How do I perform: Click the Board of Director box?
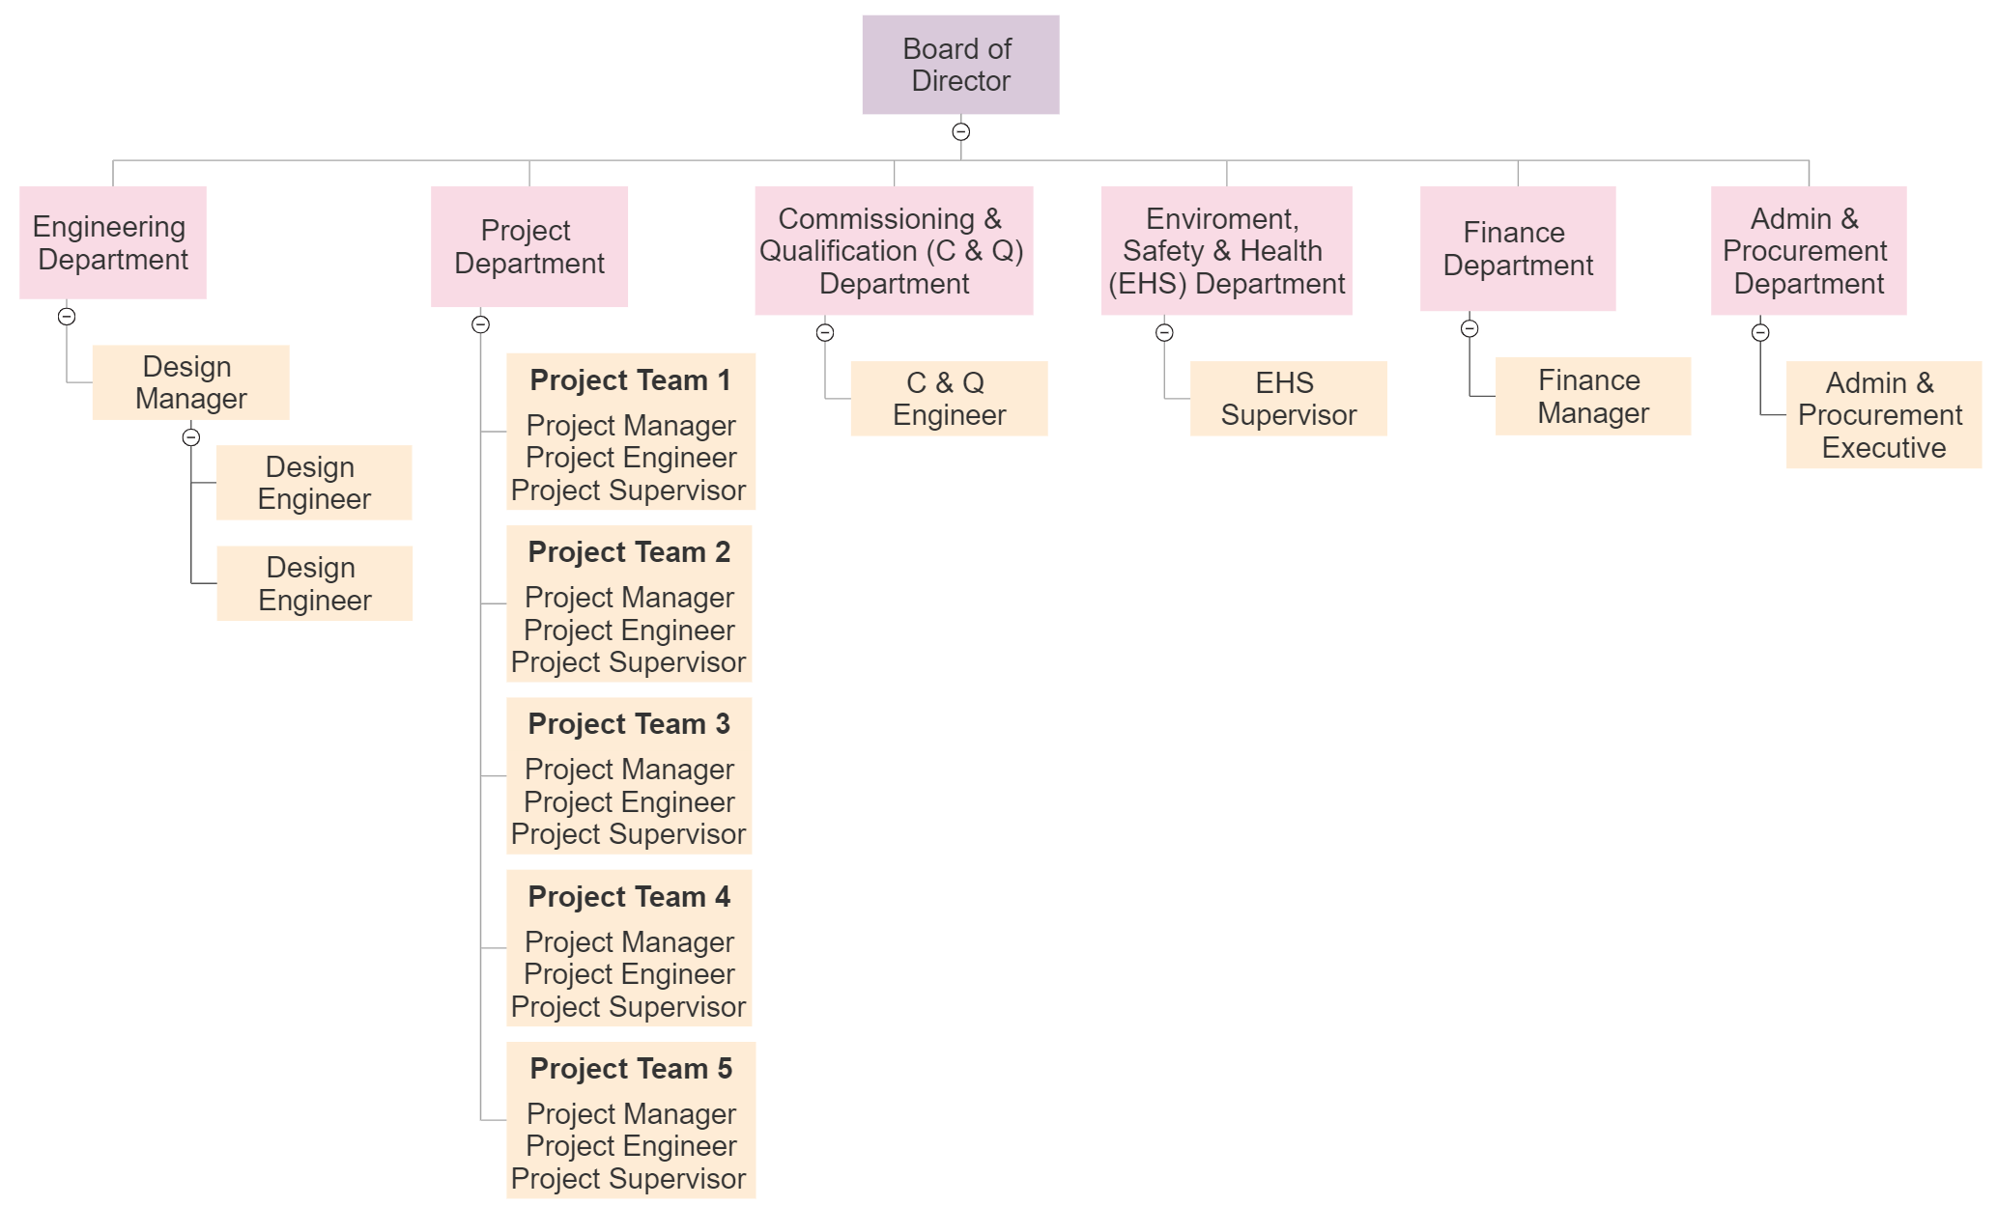point(960,65)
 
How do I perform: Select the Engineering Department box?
point(113,242)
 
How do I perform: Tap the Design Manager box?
point(190,382)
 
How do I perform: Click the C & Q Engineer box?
point(949,399)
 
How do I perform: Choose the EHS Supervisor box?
point(1288,399)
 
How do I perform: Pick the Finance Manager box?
point(1593,396)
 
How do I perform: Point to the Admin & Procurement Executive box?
point(1884,415)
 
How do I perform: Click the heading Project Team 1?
point(630,380)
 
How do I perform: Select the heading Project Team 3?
point(629,724)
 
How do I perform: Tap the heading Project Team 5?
point(631,1069)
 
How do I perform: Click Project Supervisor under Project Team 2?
point(628,662)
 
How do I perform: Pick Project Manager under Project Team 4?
point(629,941)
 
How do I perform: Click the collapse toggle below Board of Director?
point(960,131)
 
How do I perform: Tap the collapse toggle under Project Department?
point(480,324)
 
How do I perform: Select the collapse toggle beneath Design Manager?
point(191,437)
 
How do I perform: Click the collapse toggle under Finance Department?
point(1469,328)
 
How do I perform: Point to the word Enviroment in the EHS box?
point(1222,219)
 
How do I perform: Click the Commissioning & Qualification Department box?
point(894,250)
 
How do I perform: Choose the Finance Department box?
point(1518,248)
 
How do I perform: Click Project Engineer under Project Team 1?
point(631,458)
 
